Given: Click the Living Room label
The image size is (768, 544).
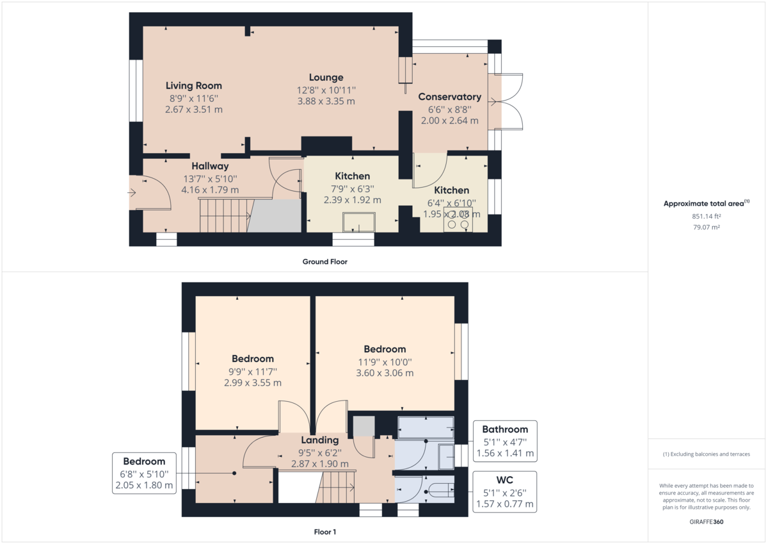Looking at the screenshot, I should pos(193,85).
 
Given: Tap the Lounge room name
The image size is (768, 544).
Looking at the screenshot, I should pos(326,78).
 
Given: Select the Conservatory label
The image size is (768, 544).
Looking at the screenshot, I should pos(449,97).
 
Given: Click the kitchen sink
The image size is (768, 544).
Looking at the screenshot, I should pos(360,222).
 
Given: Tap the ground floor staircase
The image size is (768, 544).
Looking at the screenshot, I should pos(224,215).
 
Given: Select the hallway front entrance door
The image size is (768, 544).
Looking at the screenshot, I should pos(151,192).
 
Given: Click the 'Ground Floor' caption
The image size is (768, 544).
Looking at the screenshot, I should pos(325,261).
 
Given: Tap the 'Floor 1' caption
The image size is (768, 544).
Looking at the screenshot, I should pos(324,532).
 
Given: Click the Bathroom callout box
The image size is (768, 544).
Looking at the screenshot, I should pos(505,441).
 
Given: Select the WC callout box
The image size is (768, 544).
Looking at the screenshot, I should pos(505,491).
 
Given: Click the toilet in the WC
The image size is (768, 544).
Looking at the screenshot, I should pos(441,491).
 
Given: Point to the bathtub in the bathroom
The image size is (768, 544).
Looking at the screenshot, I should pos(426,426).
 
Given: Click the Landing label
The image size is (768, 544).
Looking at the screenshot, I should pos(320,440).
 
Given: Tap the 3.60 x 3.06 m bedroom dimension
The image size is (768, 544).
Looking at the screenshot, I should pos(385,373).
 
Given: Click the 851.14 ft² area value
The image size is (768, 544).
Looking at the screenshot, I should pos(707,216).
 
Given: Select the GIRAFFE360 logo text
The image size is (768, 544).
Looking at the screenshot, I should pos(707,522).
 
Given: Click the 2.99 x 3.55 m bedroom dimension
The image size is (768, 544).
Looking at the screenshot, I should pos(253,383).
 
